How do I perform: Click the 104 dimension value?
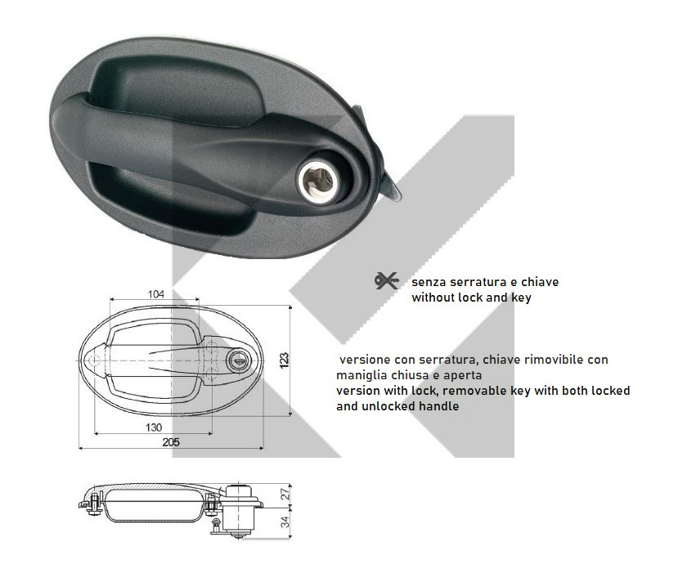156,294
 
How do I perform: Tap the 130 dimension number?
154,428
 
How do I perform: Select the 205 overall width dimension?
171,442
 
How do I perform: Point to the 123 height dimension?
284,360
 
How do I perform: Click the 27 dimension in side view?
285,495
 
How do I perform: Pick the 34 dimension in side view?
285,522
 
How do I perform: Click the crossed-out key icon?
386,281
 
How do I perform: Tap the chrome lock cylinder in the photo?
318,181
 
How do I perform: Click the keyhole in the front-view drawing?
238,361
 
